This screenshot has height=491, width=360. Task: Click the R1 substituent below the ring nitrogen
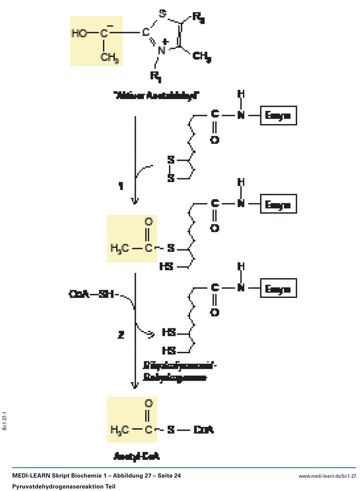(156, 77)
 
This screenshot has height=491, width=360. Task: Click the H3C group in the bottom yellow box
(119, 430)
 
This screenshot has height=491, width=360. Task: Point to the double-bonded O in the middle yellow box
(148, 224)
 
